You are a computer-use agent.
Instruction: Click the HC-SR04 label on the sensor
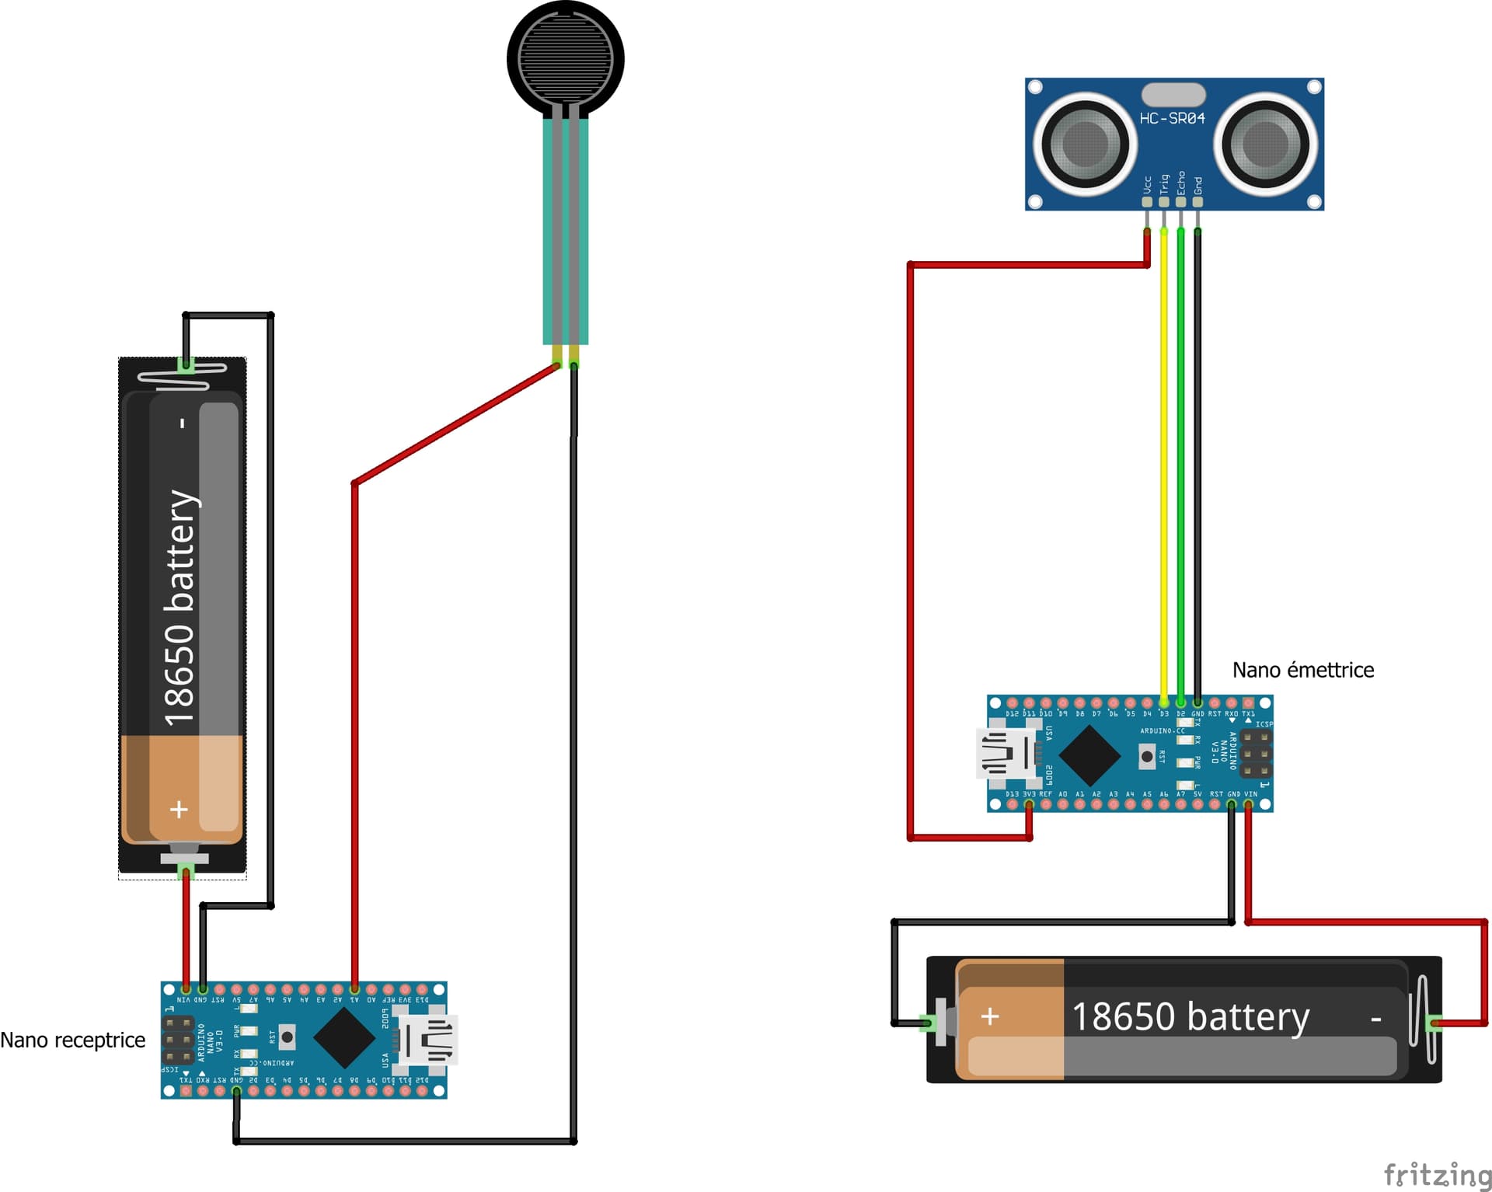click(x=1172, y=118)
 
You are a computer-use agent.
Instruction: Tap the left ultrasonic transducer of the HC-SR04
click(x=1084, y=144)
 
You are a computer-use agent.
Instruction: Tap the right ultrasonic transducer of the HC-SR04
click(x=1265, y=144)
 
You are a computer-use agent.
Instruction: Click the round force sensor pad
click(x=566, y=59)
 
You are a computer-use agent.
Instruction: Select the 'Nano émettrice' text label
click(x=1302, y=670)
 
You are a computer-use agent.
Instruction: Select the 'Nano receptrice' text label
click(x=72, y=1040)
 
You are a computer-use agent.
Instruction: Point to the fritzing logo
click(x=1437, y=1173)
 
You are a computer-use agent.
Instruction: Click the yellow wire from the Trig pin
click(x=1163, y=466)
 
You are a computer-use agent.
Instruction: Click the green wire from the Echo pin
click(x=1180, y=466)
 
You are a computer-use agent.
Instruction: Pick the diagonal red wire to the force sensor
click(x=455, y=424)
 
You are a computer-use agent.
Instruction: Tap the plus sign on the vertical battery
click(x=179, y=809)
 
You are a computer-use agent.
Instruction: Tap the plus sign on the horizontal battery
click(x=989, y=1016)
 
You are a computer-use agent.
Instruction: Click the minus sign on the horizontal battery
click(x=1375, y=1018)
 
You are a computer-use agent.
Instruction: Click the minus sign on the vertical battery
click(x=183, y=423)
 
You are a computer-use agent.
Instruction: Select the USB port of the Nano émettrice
click(x=1007, y=753)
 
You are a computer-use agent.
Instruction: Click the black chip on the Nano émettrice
click(x=1089, y=755)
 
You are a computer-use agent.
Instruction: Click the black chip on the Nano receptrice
click(x=344, y=1037)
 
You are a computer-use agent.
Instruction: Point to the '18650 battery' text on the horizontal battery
click(x=1190, y=1016)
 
